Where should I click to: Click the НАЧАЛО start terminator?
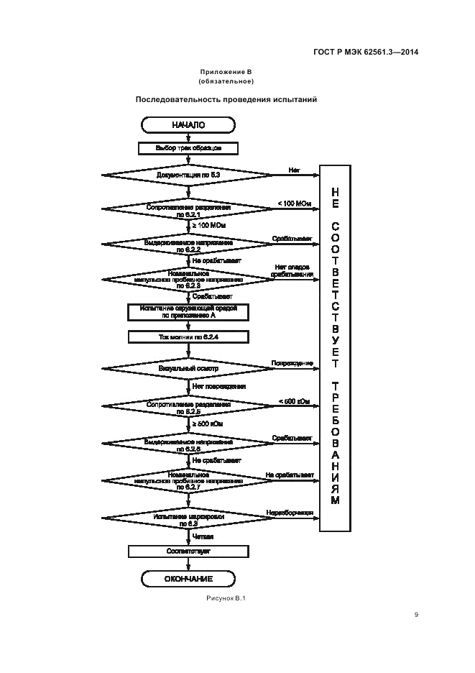pyautogui.click(x=188, y=126)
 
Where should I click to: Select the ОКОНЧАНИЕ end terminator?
pyautogui.click(x=188, y=578)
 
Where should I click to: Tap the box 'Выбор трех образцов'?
pyautogui.click(x=188, y=148)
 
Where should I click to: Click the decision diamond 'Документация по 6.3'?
pyautogui.click(x=188, y=175)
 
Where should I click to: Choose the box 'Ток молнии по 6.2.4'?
pyautogui.click(x=188, y=336)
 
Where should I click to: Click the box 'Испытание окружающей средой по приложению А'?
pyautogui.click(x=188, y=311)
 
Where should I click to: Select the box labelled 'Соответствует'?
pyautogui.click(x=188, y=551)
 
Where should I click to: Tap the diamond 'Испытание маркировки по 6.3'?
pyautogui.click(x=188, y=518)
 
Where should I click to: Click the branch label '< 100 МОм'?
pyautogui.click(x=294, y=203)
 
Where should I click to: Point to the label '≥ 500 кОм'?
pyautogui.click(x=207, y=424)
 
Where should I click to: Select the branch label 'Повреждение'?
pyautogui.click(x=292, y=363)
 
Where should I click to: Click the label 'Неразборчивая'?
pyautogui.click(x=290, y=513)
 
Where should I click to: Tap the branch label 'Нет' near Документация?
pyautogui.click(x=294, y=170)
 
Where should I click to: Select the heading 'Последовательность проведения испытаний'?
pyautogui.click(x=226, y=99)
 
